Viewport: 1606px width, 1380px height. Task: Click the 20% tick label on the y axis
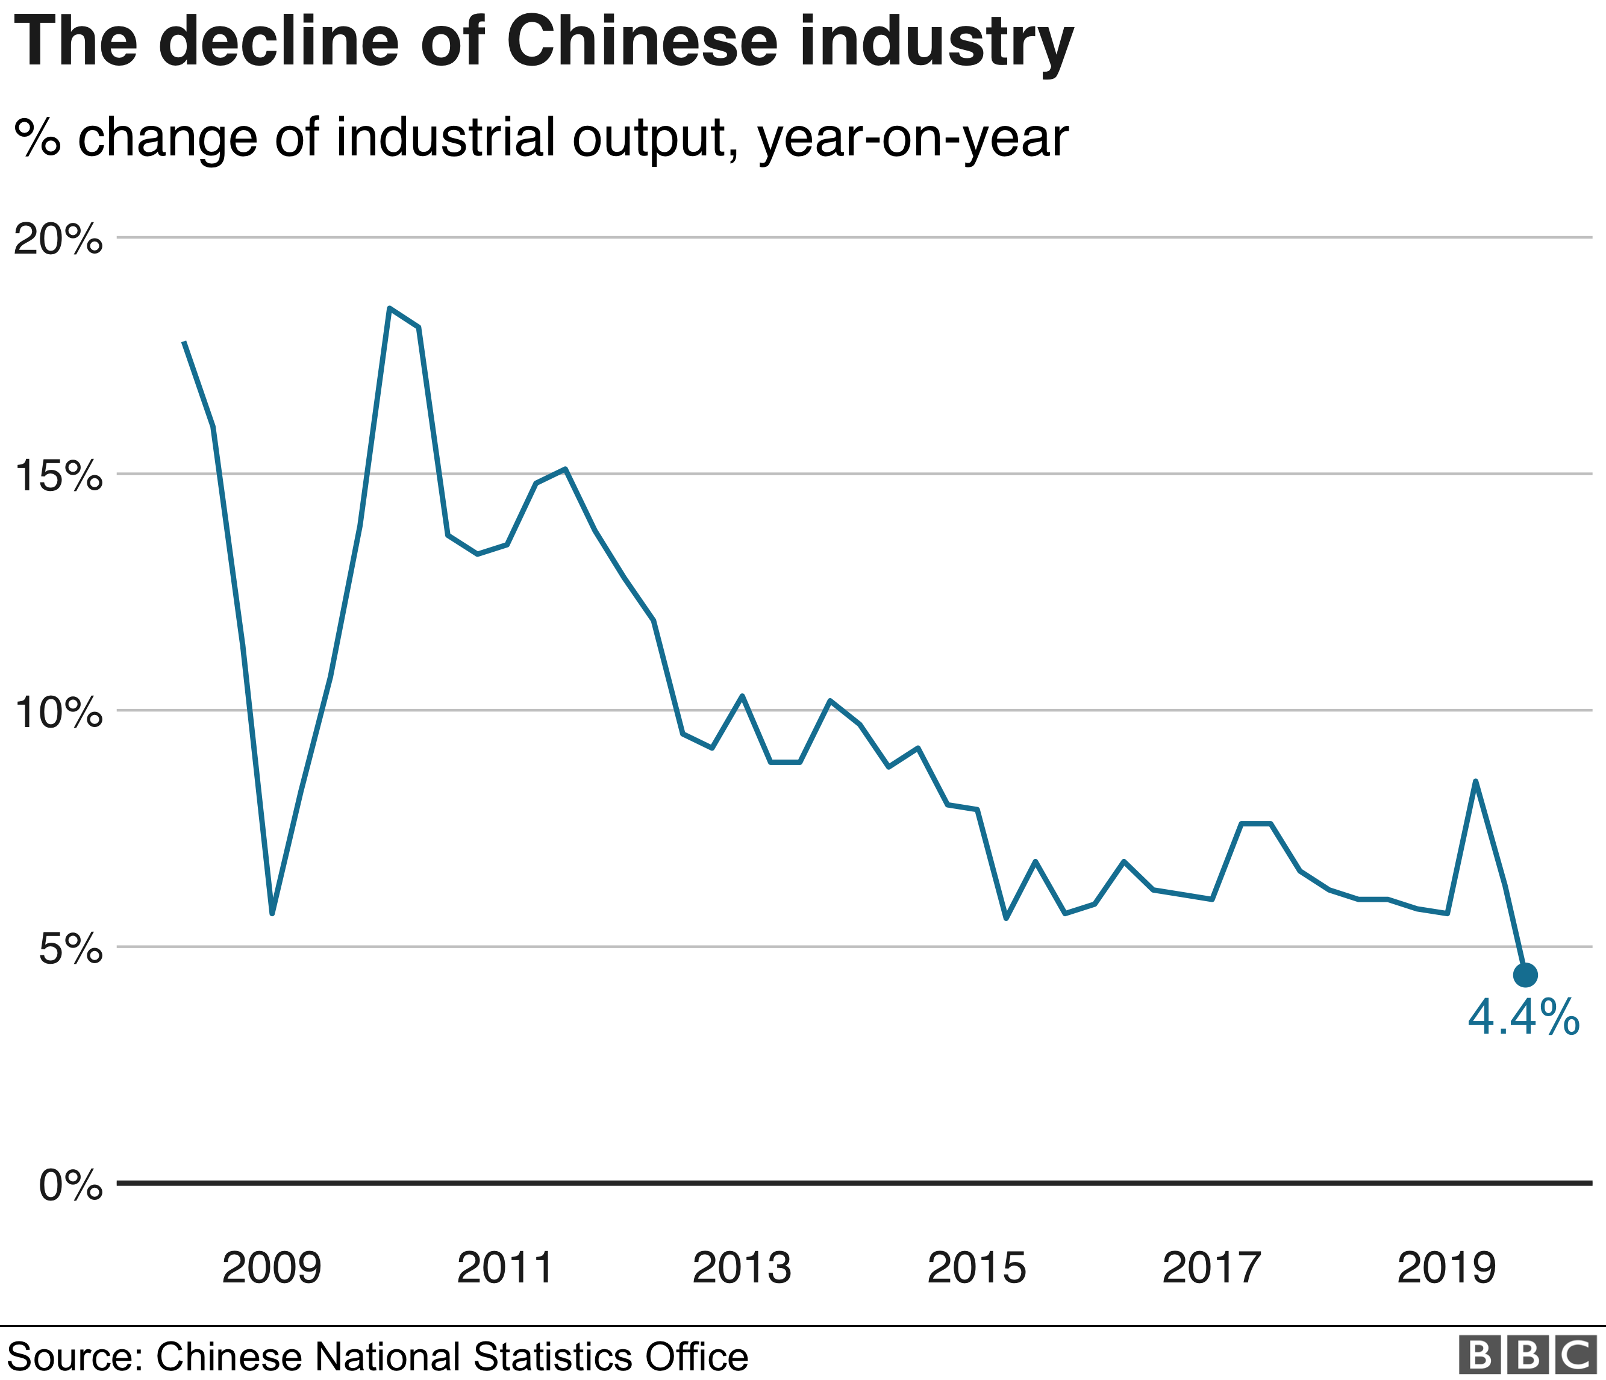pyautogui.click(x=58, y=239)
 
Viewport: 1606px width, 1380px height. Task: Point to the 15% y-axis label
pyautogui.click(x=58, y=476)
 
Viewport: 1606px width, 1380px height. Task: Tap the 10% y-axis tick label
pyautogui.click(x=58, y=712)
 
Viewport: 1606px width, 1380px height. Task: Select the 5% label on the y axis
pyautogui.click(x=70, y=948)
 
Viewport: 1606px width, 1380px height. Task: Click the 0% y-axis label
pyautogui.click(x=70, y=1185)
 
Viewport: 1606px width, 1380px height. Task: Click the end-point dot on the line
pyautogui.click(x=1525, y=975)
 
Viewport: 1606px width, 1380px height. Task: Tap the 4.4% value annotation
pyautogui.click(x=1523, y=1017)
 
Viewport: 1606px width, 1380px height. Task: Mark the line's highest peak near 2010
pyautogui.click(x=390, y=308)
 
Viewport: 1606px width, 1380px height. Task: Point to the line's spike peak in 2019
pyautogui.click(x=1476, y=781)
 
